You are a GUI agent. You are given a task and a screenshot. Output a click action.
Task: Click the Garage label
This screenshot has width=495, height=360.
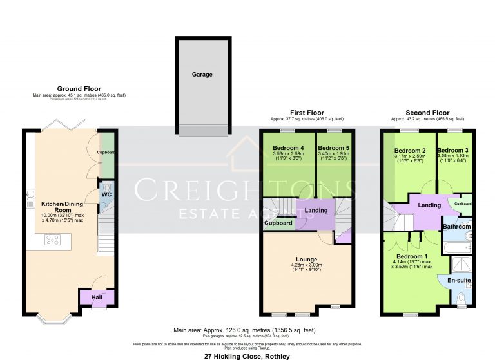[x=202, y=75]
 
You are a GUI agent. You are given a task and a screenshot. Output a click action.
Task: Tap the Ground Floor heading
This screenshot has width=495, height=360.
[x=79, y=88]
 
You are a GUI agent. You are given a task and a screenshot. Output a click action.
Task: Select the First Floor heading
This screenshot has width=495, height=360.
[x=306, y=112]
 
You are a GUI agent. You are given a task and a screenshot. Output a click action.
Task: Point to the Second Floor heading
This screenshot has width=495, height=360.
[x=427, y=112]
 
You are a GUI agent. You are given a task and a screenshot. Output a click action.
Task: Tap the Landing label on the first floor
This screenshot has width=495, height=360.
[x=316, y=209]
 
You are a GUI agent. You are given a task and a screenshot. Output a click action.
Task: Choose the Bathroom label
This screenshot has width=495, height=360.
[x=456, y=227]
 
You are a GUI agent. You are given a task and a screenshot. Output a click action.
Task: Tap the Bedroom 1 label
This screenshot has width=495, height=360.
[x=409, y=256]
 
